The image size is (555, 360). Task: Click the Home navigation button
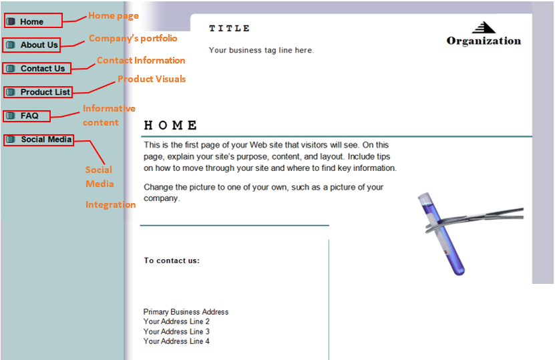coord(33,21)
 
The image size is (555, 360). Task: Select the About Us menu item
coord(31,45)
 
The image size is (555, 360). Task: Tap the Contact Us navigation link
coord(37,68)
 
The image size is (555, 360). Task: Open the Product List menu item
coord(38,92)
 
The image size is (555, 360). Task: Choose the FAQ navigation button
coord(27,116)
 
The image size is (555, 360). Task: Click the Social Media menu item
coord(39,140)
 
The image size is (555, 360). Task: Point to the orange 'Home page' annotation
coord(114,16)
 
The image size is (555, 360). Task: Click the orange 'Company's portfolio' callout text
coord(133,38)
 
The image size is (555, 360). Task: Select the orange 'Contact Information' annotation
coord(141,60)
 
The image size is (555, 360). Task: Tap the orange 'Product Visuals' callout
coord(152,79)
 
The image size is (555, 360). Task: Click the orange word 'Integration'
coord(110,204)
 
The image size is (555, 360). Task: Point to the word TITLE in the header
coord(229,28)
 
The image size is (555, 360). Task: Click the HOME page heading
coord(170,126)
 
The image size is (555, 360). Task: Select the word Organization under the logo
coord(484,41)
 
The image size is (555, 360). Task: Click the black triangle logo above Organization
coord(484,27)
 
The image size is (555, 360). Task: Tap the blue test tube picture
coord(441,234)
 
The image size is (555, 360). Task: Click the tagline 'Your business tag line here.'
coord(261,50)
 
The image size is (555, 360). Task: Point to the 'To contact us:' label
coord(172,260)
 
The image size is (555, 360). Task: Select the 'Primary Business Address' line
coord(186,312)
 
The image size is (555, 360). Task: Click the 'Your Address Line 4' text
coord(176,341)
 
